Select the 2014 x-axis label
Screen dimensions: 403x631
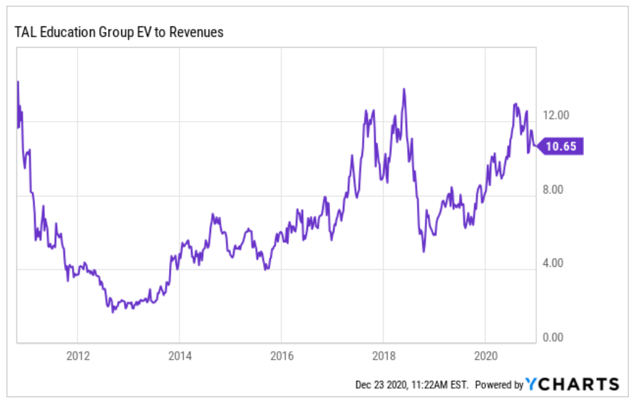click(179, 355)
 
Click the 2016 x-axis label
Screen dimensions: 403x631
click(282, 355)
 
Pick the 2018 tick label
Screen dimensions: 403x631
click(384, 355)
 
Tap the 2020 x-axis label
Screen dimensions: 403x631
click(485, 355)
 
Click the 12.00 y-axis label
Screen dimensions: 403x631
click(557, 115)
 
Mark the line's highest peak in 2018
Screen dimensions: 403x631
click(404, 89)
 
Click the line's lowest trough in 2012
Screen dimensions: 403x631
click(113, 312)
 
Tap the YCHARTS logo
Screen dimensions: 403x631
click(573, 384)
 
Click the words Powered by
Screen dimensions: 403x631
click(499, 384)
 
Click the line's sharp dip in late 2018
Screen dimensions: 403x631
click(424, 251)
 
